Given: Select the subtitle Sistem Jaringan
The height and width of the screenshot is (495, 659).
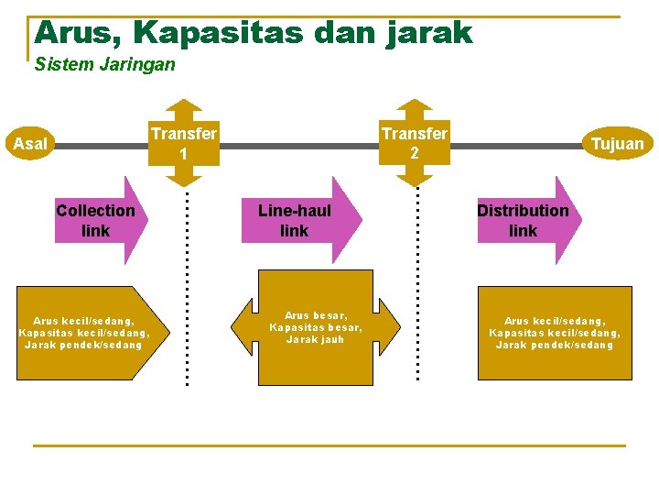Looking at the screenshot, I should [104, 65].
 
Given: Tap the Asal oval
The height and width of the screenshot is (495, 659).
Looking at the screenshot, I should [31, 144].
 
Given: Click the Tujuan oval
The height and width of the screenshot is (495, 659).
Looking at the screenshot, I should [617, 143].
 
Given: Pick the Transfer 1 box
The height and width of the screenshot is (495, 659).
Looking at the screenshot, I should [184, 143].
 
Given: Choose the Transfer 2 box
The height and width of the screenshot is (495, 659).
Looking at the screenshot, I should [415, 143].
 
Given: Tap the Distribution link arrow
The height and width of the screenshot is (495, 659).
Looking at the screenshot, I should [527, 221].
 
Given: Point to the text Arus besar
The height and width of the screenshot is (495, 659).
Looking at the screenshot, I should [316, 314].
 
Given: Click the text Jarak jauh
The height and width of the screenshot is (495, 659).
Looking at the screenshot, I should [316, 339].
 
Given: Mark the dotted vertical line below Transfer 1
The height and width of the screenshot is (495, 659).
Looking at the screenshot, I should [187, 284].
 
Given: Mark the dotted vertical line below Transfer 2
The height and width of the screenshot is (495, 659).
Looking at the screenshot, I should [418, 284].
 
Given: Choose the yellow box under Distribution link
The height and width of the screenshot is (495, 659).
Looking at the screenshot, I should [555, 333].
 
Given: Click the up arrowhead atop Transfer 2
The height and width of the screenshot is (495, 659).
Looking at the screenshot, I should [418, 104].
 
